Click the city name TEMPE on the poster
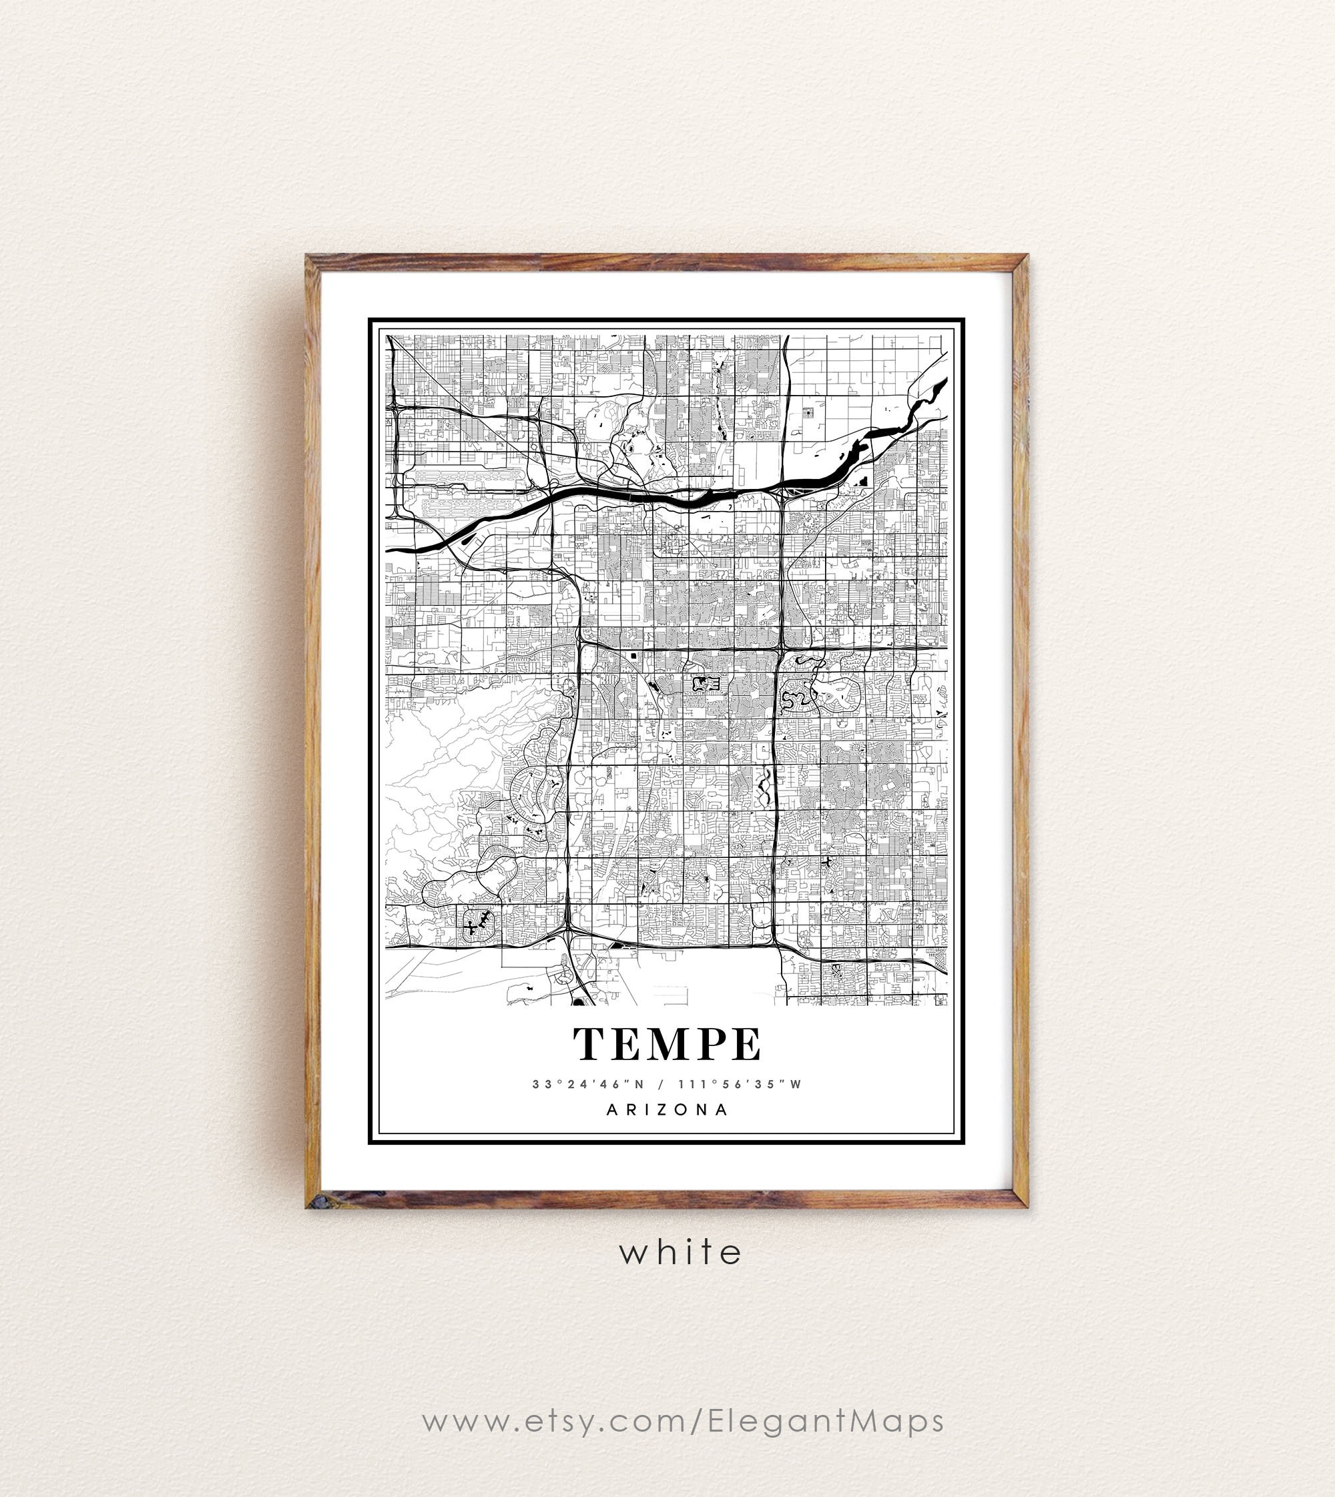667,1044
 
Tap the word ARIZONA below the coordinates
667,1110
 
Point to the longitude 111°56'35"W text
740,1084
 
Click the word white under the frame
681,1252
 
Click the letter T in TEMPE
591,1044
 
